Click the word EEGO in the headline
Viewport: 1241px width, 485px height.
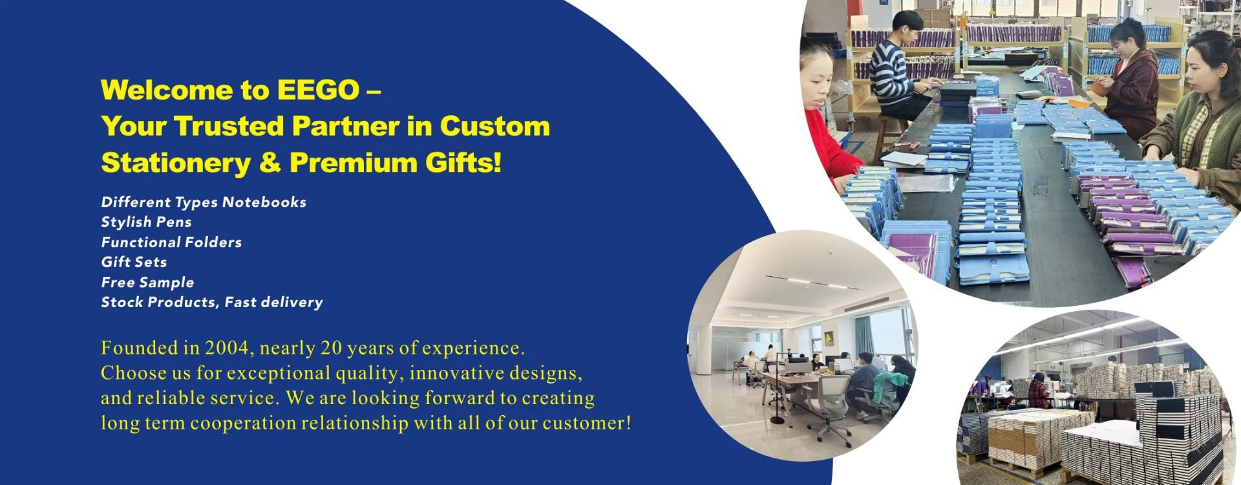point(318,90)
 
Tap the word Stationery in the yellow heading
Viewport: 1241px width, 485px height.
point(176,163)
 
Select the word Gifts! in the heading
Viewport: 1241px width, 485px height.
point(463,162)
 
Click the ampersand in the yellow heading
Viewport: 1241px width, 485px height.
point(270,162)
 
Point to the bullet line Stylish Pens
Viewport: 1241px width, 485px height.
point(146,222)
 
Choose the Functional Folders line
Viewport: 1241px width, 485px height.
point(171,242)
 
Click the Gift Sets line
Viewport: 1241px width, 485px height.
point(134,262)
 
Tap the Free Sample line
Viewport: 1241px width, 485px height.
point(147,283)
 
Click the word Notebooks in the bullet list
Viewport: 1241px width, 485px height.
point(264,202)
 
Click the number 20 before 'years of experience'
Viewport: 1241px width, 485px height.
point(331,348)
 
